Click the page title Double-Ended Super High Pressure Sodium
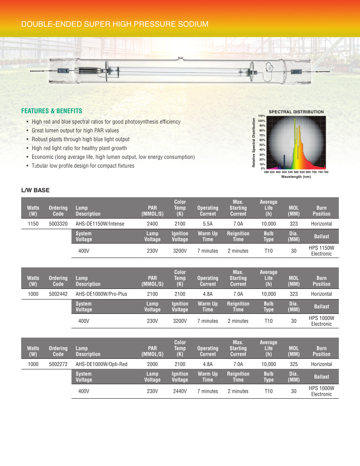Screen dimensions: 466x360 (115, 24)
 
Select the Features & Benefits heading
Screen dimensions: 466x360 (52, 111)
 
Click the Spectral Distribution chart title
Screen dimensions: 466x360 (296, 112)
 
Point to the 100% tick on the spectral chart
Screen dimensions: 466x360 (262, 121)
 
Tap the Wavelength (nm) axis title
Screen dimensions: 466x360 (296, 177)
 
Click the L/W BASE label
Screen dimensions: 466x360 (36, 190)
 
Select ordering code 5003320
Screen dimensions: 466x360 (58, 224)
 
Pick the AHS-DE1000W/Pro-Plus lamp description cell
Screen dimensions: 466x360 (101, 294)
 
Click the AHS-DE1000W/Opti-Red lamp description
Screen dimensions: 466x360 (102, 364)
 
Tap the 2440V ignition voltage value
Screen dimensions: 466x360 (180, 391)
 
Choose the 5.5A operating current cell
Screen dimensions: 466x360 (208, 224)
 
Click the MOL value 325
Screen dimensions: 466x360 (294, 364)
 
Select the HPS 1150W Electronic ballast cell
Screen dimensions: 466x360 (321, 251)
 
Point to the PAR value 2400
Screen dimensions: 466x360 (152, 224)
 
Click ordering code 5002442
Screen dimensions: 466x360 (58, 294)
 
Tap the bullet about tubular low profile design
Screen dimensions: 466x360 (83, 166)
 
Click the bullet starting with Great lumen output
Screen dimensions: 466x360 (75, 130)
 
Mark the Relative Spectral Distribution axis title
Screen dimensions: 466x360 (254, 142)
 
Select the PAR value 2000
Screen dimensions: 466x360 (152, 364)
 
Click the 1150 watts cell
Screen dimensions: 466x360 (33, 224)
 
